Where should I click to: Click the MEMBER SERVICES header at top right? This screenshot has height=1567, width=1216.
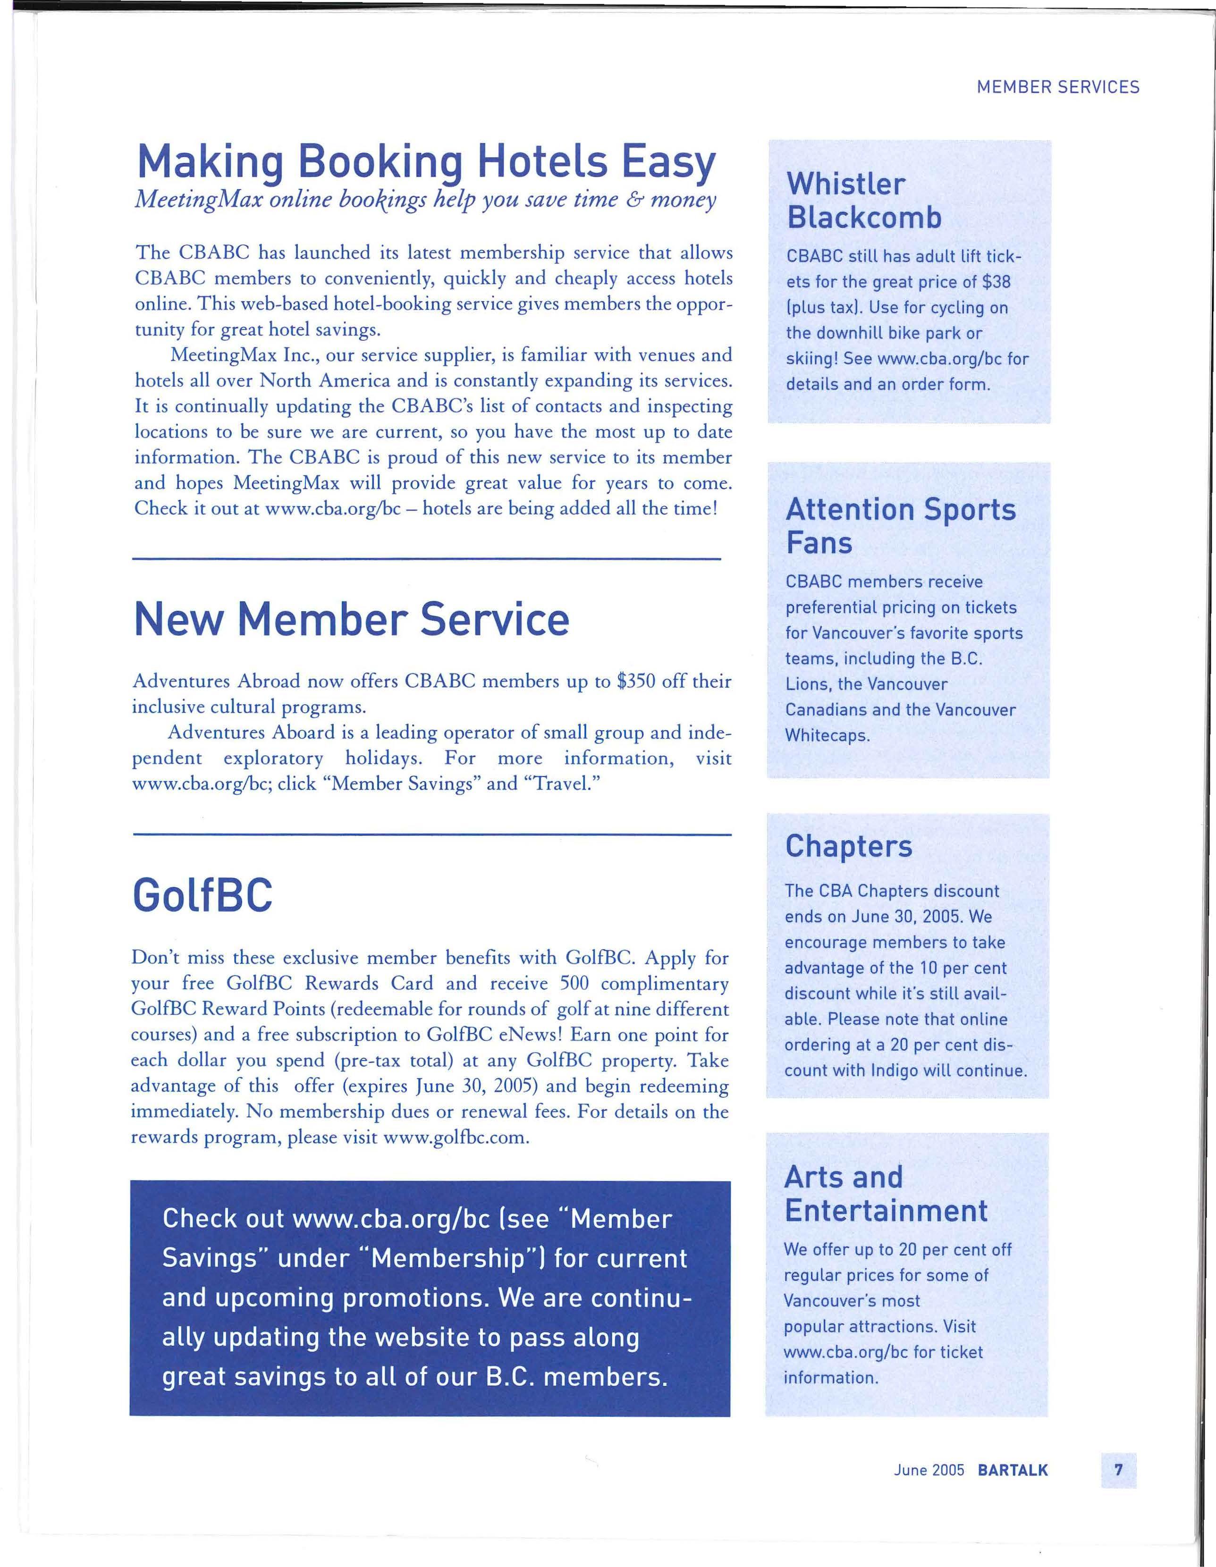click(1057, 87)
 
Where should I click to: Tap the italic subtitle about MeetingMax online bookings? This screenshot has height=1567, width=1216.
click(425, 200)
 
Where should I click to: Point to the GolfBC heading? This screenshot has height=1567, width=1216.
click(203, 895)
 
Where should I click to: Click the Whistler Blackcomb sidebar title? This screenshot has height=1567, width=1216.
click(864, 201)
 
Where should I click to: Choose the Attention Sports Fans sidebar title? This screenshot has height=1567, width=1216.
click(900, 526)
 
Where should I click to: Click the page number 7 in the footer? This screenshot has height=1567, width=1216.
click(1118, 1471)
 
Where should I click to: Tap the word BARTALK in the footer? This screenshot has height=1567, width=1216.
click(1012, 1471)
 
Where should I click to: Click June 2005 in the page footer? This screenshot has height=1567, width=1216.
click(929, 1471)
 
